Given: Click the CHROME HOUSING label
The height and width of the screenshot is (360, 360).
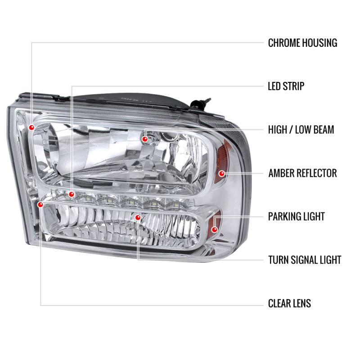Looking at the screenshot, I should [302, 43].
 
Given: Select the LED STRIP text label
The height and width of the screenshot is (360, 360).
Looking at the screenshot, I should [286, 86].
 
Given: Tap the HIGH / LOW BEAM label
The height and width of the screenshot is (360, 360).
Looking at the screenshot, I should [301, 130].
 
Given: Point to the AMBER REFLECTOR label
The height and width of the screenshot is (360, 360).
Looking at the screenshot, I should [302, 173].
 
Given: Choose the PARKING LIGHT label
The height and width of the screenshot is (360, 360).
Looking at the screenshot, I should [296, 216].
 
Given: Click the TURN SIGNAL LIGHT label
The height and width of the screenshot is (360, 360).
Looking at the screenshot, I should [305, 260].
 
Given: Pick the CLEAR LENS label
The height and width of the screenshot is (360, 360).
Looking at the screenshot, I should [289, 303].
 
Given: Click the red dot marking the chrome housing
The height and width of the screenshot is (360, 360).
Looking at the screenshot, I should [31, 127].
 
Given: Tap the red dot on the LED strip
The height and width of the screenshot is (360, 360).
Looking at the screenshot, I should [71, 194].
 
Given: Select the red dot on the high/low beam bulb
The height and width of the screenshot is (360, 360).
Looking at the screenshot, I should [145, 139].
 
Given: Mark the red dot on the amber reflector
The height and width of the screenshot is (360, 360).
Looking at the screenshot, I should [221, 173].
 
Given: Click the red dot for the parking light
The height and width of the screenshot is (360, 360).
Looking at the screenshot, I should [215, 229].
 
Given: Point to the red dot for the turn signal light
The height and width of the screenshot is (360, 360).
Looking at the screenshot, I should [138, 217].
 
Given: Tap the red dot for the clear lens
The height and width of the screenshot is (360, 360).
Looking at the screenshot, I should [41, 205].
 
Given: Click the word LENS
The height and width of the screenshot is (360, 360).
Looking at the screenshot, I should [301, 303].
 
